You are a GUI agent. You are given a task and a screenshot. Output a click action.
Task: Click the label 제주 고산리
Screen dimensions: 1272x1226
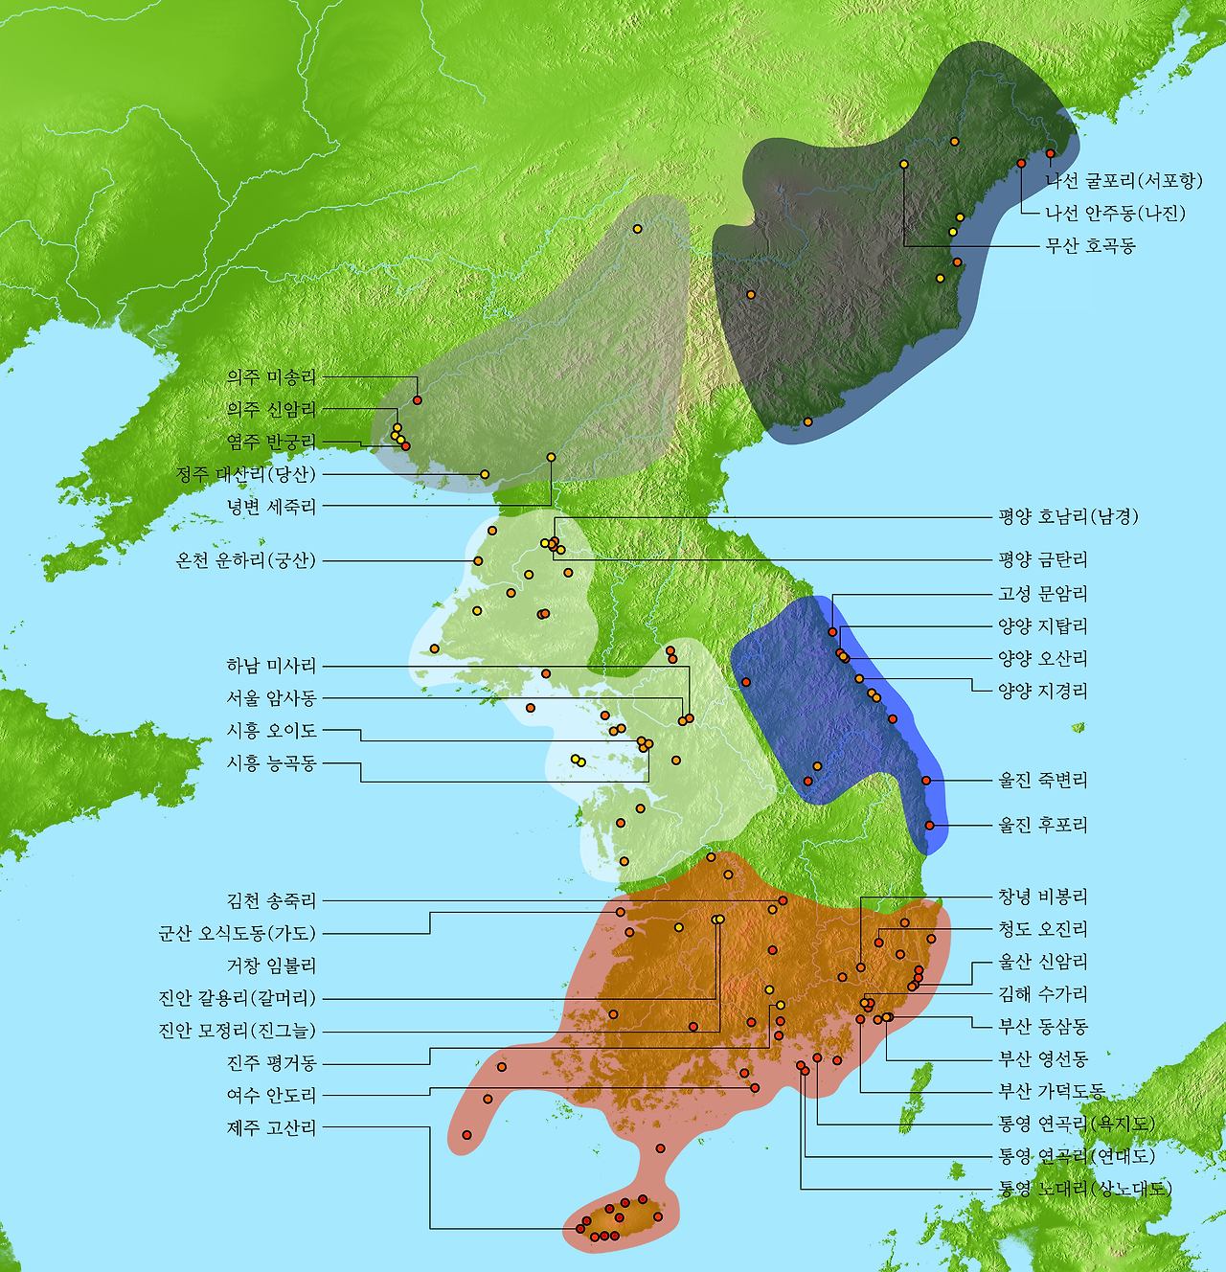pos(271,1127)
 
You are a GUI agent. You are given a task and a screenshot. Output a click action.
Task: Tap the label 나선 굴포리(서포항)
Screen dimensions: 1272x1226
pos(1124,181)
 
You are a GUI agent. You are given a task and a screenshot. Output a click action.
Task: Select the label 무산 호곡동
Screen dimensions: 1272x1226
pos(1090,246)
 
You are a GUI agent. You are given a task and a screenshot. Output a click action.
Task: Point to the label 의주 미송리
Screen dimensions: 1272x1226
pos(271,377)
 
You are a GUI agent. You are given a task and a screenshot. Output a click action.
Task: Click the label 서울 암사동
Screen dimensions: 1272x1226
pos(271,698)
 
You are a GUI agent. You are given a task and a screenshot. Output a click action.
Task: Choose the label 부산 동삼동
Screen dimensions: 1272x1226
pos(1043,1026)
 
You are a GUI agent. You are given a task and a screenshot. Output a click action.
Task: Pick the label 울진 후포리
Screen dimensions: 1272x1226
pos(1043,825)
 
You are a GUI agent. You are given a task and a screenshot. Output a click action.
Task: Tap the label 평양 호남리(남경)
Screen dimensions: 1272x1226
pos(1068,517)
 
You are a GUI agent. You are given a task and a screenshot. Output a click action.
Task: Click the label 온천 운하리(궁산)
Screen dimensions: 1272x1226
pos(245,560)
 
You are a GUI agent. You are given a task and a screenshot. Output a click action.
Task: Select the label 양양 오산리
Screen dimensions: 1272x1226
pos(1043,658)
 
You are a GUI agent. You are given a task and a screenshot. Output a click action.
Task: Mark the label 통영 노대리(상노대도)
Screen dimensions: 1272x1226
pos(1085,1189)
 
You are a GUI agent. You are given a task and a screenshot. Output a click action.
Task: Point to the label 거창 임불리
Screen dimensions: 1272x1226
pos(271,965)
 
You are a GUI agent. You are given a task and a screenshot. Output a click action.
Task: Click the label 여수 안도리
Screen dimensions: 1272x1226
pos(271,1095)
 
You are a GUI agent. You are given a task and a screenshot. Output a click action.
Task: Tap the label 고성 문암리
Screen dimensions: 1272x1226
pos(1043,594)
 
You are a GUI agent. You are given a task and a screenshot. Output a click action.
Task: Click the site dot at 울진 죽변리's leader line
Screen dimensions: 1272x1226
pos(926,781)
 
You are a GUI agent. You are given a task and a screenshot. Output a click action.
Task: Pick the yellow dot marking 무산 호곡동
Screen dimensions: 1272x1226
pos(904,164)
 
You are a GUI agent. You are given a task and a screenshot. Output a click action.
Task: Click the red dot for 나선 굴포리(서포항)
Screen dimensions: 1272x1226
pos(1050,153)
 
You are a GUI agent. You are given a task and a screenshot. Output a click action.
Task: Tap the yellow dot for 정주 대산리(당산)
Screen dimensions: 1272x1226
pos(485,474)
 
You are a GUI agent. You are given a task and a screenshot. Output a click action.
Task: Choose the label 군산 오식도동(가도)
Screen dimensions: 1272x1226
pos(237,933)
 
